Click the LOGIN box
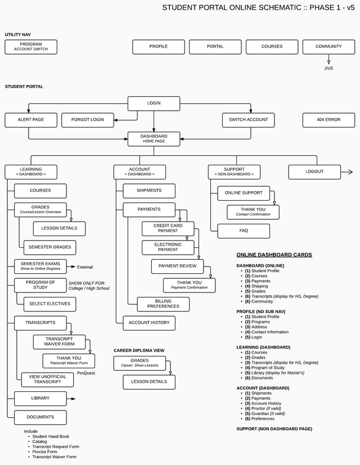click(154, 103)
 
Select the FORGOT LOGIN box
click(87, 120)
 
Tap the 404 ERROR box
click(328, 120)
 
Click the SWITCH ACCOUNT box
click(248, 120)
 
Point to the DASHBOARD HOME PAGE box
click(154, 138)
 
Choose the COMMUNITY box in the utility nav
click(328, 47)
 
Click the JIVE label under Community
click(328, 68)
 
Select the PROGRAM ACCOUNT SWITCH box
click(31, 47)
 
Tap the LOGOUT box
click(314, 171)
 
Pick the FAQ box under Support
click(244, 231)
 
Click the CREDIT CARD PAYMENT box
click(168, 228)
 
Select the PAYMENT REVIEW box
click(177, 266)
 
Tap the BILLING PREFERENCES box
click(163, 304)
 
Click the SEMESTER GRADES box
click(49, 247)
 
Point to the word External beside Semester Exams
click(85, 267)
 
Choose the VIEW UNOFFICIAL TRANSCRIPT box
click(47, 380)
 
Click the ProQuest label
click(86, 373)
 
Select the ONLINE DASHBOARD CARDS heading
click(274, 255)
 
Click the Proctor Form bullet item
click(44, 452)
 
